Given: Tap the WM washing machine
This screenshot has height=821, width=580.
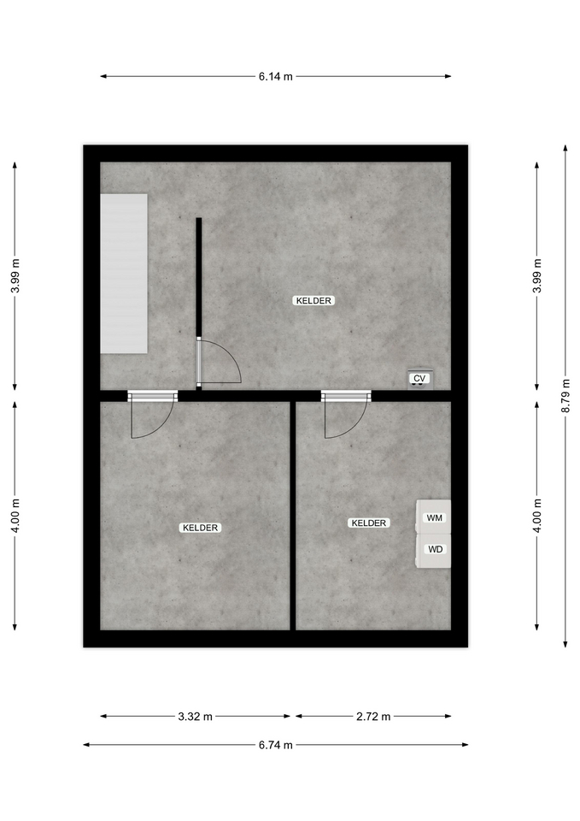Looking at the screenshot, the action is coord(434,517).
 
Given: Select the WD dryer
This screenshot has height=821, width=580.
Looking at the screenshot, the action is coord(434,550).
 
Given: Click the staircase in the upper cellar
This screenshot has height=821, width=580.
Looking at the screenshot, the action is coord(123,274).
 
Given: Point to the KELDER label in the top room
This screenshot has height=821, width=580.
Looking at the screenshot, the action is coord(313,300).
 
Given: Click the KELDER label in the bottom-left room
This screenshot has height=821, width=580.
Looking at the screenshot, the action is coord(200,528).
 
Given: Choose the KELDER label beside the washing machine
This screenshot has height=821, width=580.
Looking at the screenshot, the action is coord(369,523).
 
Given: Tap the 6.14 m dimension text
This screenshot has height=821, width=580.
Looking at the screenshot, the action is coord(276,76).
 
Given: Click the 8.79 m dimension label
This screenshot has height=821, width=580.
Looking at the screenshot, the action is coord(565,396).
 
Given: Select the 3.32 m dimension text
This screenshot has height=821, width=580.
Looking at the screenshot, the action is coord(195,717).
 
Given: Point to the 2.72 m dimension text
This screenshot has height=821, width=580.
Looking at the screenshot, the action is coord(373,717).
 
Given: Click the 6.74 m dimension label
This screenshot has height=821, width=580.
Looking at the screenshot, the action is coord(276,745).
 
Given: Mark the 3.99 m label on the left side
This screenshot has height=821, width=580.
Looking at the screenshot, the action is coord(15,276).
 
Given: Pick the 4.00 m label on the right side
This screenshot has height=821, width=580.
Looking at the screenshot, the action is coord(537,515).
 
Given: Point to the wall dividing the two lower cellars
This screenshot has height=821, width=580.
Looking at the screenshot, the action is coord(293,516).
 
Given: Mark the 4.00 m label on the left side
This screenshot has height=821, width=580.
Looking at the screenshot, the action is coord(15,515).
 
